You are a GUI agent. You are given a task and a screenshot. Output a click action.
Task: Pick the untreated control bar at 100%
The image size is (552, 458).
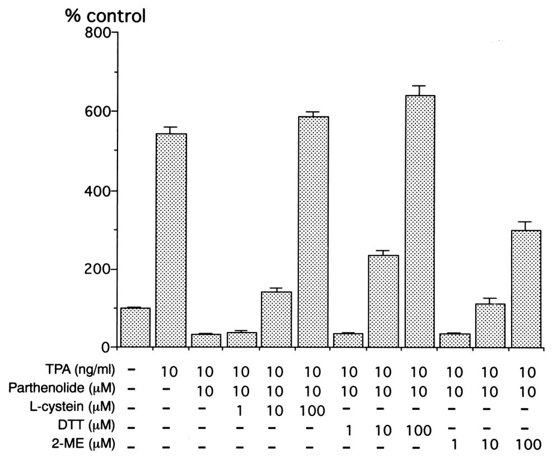(x=135, y=328)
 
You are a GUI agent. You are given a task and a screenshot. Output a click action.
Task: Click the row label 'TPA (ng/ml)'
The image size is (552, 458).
(x=91, y=371)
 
